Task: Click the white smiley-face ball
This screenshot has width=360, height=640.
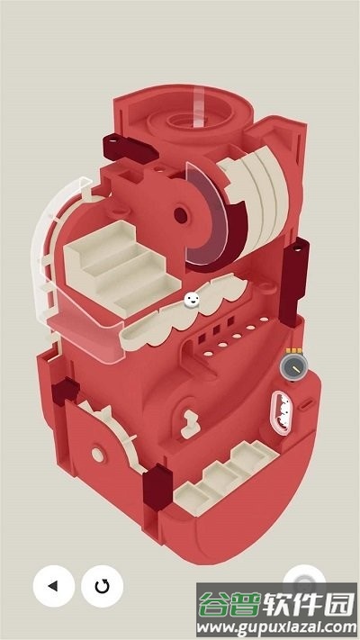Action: [x=192, y=300]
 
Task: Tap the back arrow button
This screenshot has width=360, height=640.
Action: [x=54, y=586]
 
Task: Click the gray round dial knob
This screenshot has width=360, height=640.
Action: [x=294, y=367]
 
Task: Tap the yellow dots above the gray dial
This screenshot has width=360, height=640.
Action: [x=294, y=350]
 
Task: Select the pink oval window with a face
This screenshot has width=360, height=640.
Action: [x=281, y=412]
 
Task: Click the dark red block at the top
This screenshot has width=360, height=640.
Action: [x=130, y=148]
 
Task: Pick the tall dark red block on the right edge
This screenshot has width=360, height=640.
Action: [x=294, y=282]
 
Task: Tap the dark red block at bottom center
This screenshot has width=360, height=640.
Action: [x=157, y=487]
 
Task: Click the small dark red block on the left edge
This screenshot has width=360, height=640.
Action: [x=65, y=391]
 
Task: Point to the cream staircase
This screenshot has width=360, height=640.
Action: [x=121, y=268]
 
